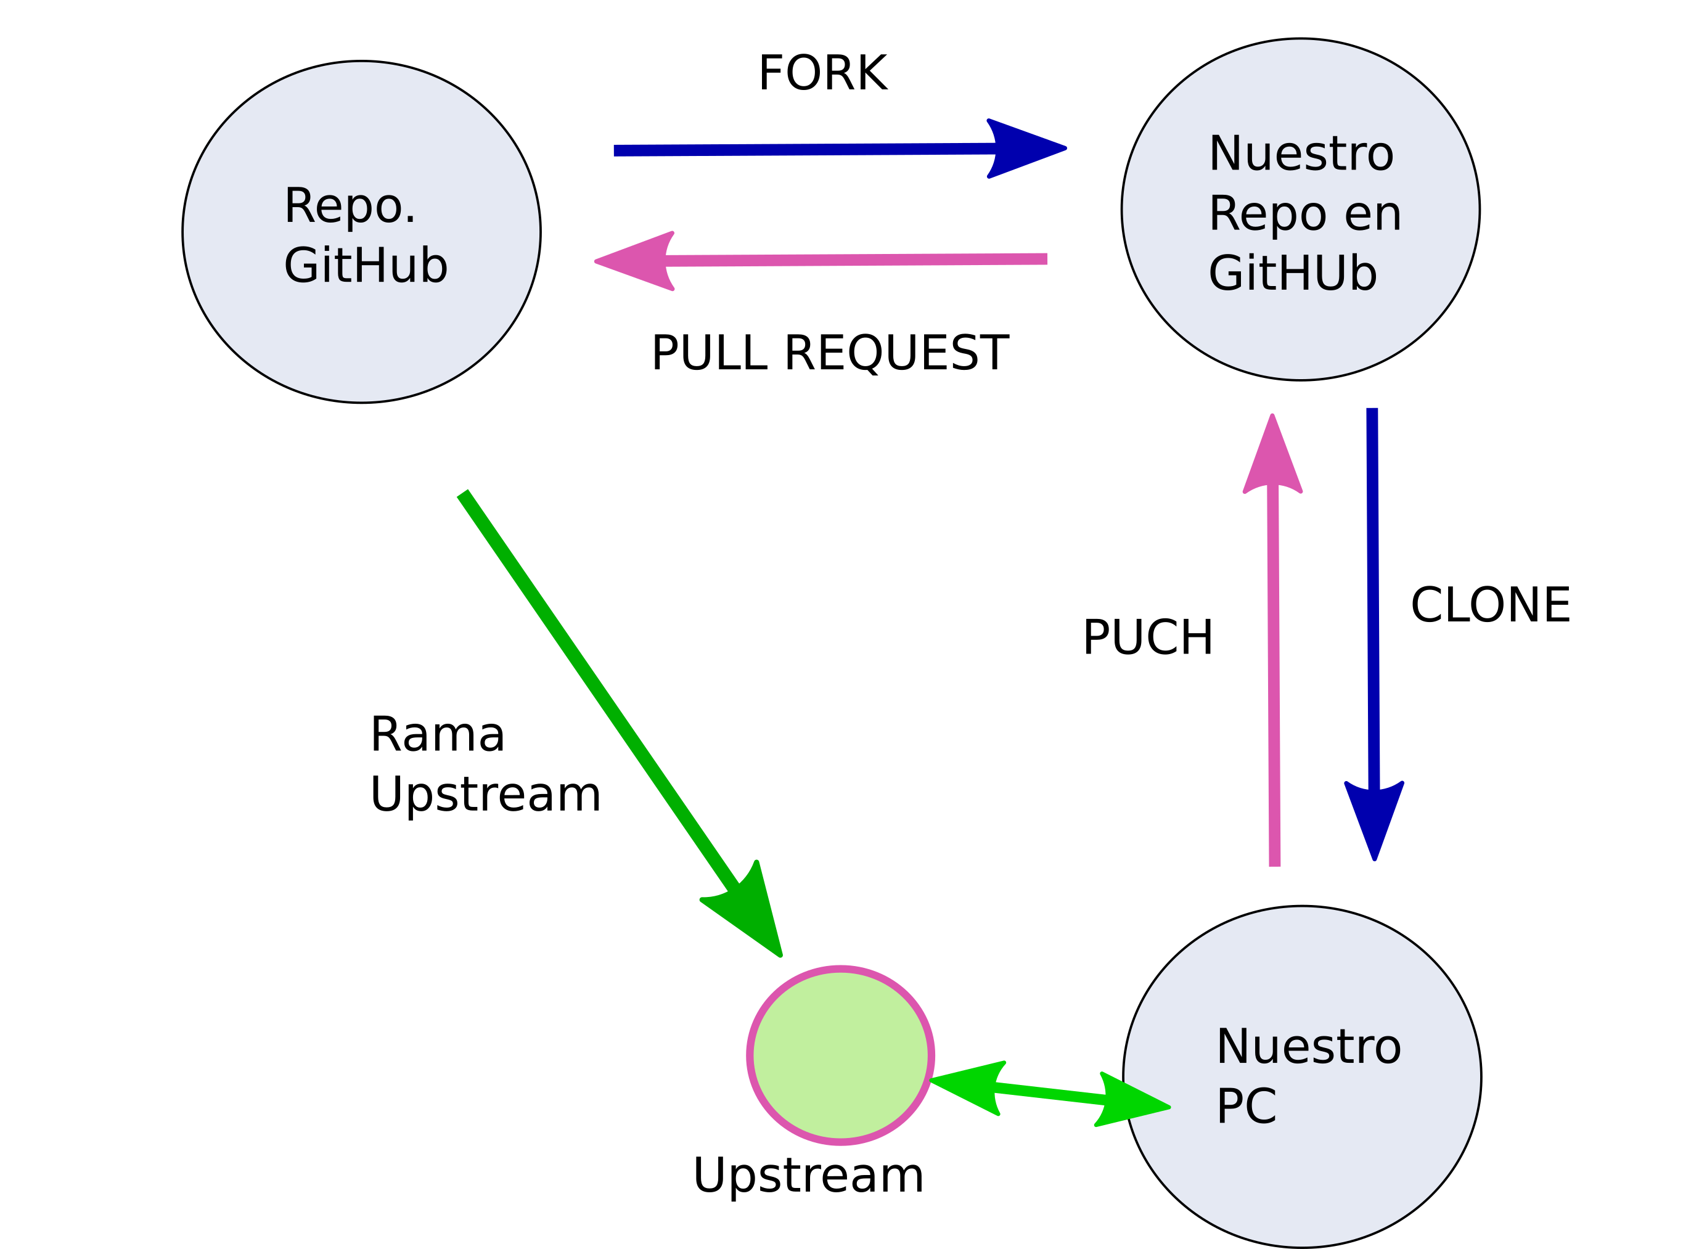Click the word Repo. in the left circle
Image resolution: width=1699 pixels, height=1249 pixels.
tap(350, 206)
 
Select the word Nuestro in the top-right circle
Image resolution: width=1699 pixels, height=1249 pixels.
tap(1301, 154)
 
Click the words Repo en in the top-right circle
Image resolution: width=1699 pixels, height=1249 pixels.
tap(1304, 213)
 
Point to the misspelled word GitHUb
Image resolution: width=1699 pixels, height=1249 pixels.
tap(1292, 273)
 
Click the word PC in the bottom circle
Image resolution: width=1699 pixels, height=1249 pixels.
tap(1246, 1106)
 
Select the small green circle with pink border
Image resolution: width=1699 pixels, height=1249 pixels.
tap(840, 1055)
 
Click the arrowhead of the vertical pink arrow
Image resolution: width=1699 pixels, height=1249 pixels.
tap(1272, 458)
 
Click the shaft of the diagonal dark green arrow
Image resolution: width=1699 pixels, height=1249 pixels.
tap(597, 688)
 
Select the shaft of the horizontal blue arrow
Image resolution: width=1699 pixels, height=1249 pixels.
tap(801, 150)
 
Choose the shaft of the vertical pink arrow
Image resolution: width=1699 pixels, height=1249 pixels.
tap(1274, 681)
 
